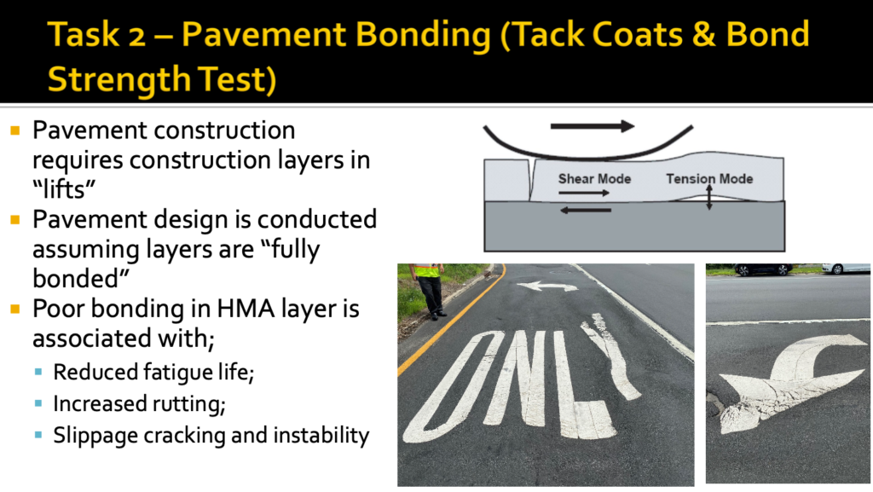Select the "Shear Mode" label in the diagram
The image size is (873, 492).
point(594,178)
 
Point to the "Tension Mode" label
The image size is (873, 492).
point(709,178)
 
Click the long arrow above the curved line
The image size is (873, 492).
point(592,126)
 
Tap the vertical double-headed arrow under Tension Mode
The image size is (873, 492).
point(709,198)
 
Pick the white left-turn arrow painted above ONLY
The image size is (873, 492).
point(542,287)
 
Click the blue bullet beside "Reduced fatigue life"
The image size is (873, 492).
point(39,373)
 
